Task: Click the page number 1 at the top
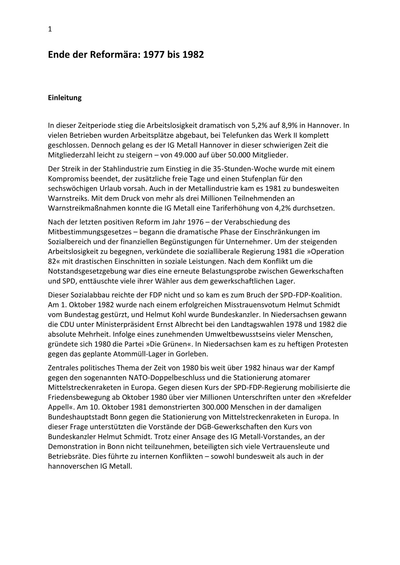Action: pyautogui.click(x=50, y=29)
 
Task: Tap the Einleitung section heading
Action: pyautogui.click(x=65, y=98)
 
